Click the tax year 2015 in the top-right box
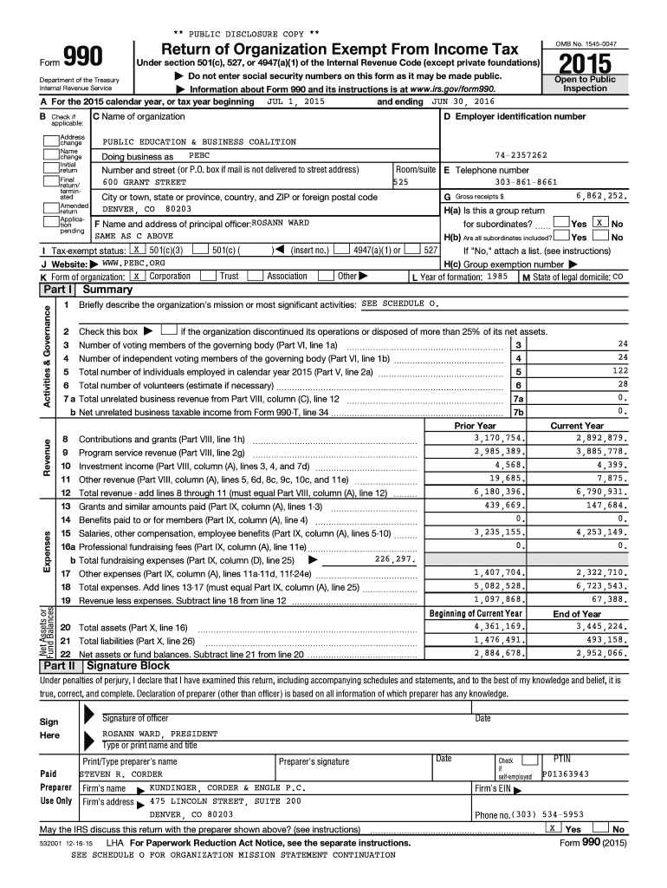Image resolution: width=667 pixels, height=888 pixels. coord(586,64)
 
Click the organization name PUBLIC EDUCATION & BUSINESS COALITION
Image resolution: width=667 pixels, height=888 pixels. coord(199,141)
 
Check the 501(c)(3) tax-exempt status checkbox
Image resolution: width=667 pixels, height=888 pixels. coord(133,250)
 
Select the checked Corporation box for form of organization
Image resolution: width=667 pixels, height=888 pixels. coord(136,276)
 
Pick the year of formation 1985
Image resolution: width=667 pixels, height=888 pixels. coord(497,277)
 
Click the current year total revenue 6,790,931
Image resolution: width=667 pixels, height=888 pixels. coord(599,493)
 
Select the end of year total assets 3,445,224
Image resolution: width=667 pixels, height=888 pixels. coord(599,626)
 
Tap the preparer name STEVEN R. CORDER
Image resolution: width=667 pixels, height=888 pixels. coord(121,774)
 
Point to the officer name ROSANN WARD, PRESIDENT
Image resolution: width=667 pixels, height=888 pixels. coord(160,733)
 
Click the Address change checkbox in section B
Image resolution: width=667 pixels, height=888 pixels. coord(50,140)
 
